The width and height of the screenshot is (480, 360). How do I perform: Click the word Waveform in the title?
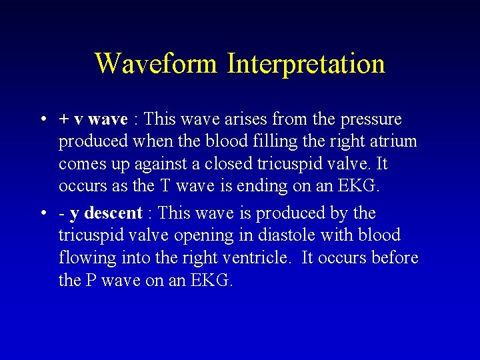tap(156, 64)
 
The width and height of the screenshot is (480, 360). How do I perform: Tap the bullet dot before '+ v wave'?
tap(42, 120)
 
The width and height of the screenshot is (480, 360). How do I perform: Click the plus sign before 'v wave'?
tap(64, 120)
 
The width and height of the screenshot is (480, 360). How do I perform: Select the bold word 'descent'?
tap(113, 213)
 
